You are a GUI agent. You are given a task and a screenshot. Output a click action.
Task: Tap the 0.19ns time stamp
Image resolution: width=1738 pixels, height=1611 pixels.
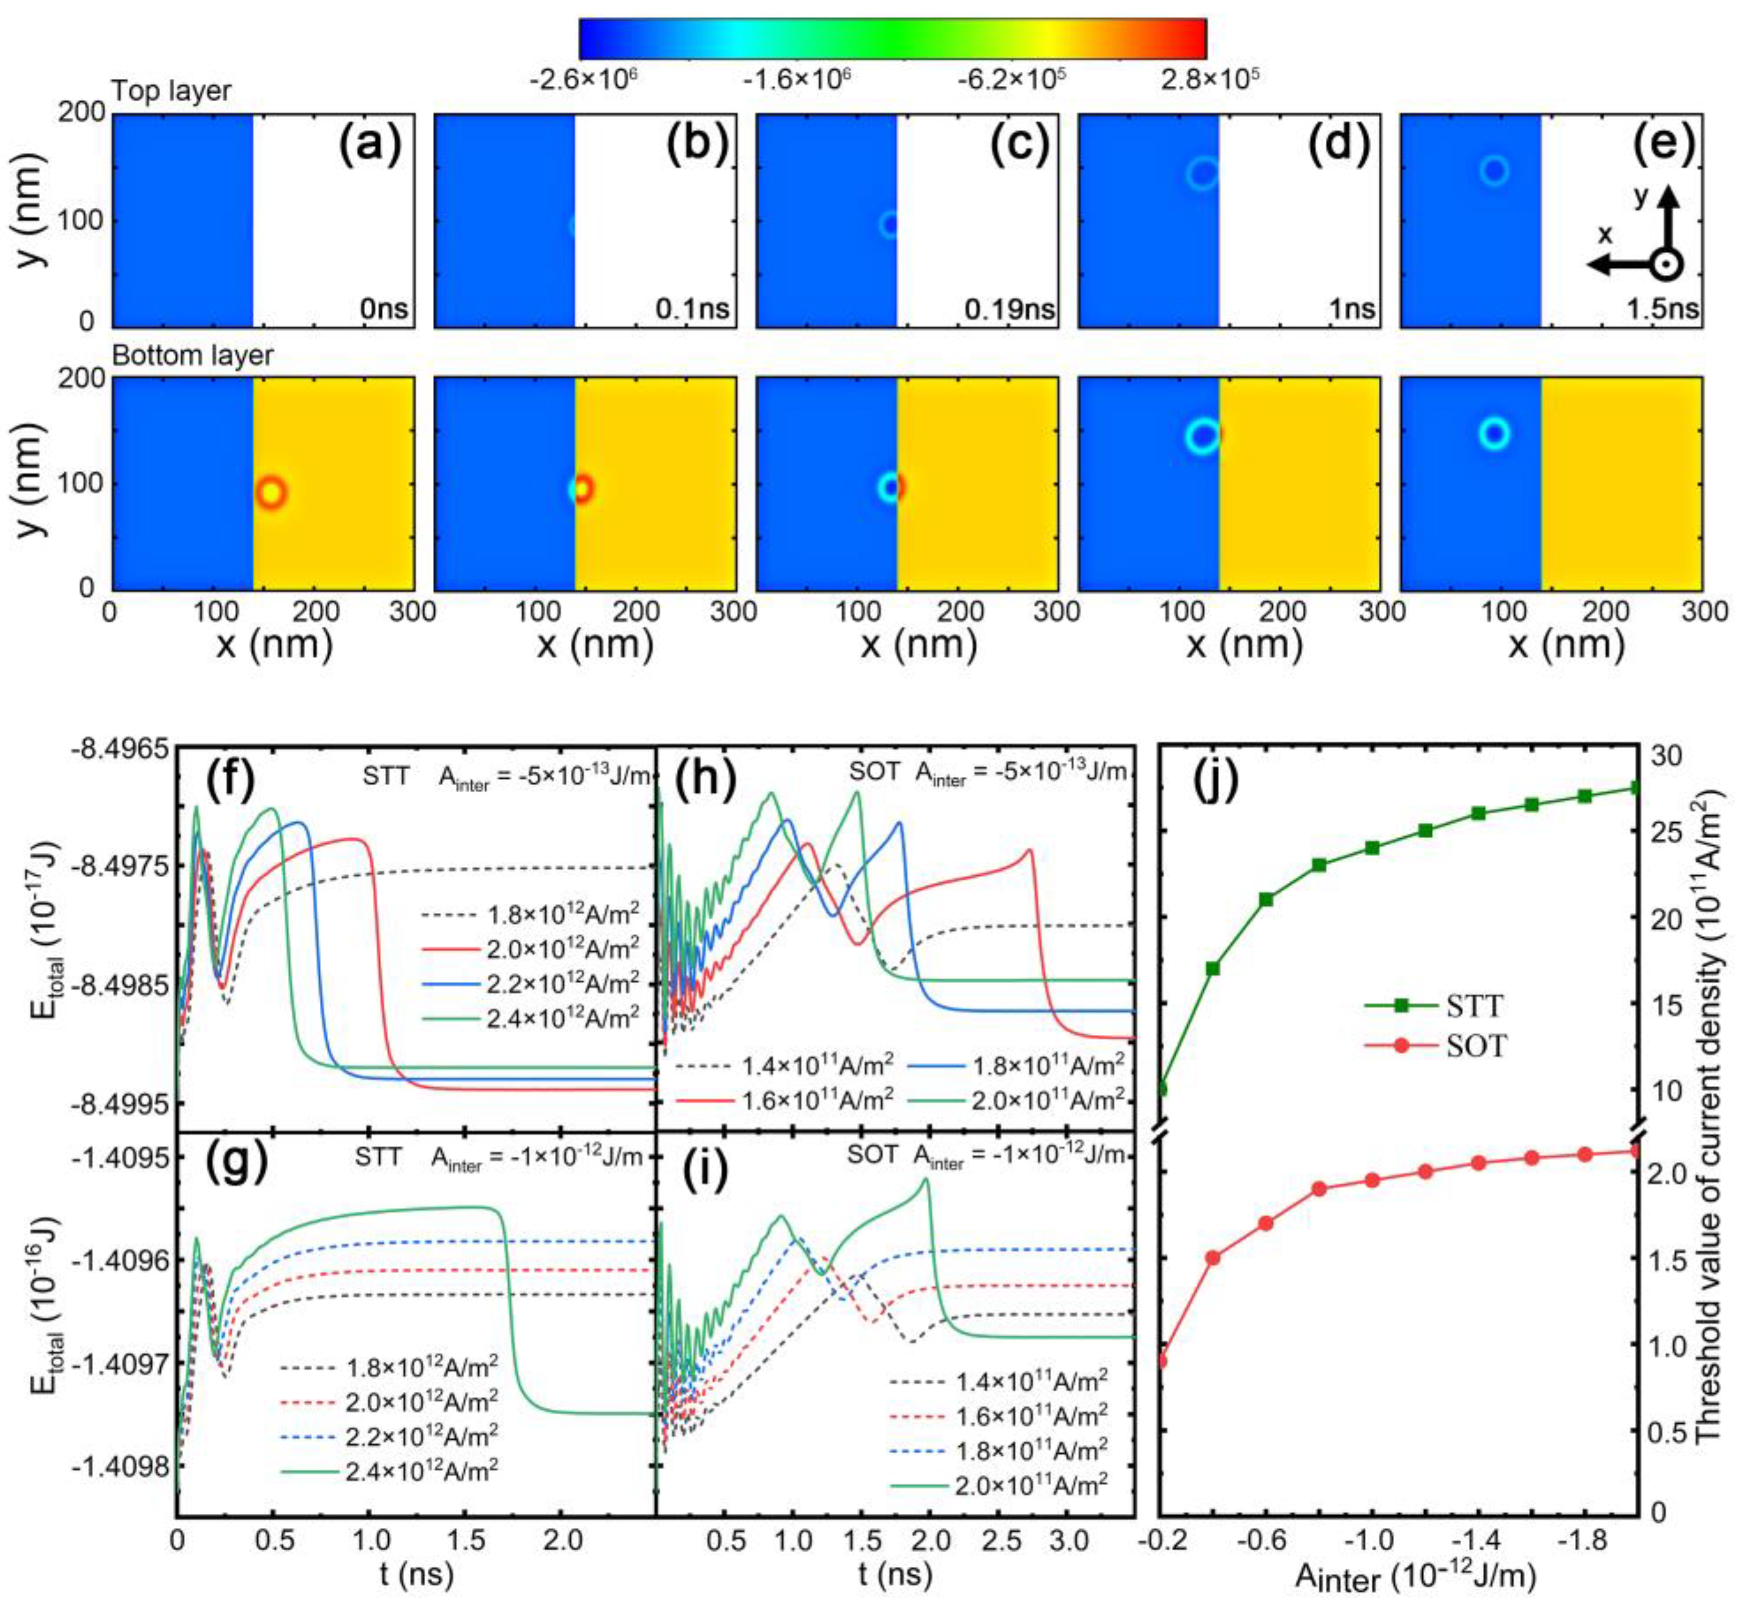tap(1009, 310)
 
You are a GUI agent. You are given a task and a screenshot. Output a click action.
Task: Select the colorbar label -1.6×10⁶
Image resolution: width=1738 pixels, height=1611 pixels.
tap(796, 79)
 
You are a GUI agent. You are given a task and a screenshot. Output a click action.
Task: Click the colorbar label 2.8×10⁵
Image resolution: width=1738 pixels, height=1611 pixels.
tap(1209, 79)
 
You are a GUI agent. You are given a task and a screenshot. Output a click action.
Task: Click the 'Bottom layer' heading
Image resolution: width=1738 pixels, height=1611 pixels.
tap(192, 356)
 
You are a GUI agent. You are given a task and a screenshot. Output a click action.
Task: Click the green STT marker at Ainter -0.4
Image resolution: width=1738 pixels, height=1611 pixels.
tap(1213, 968)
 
